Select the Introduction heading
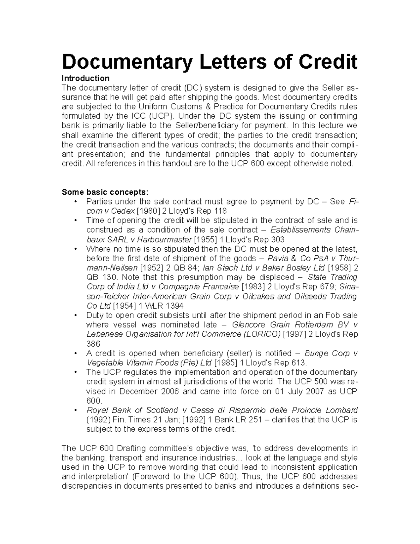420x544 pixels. pyautogui.click(x=85, y=78)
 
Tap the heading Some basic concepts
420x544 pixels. pyautogui.click(x=105, y=192)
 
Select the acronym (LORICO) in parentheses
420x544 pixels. pyautogui.click(x=261, y=334)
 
